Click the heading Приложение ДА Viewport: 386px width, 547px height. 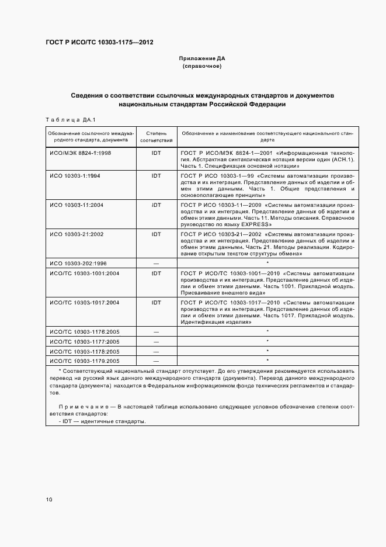pyautogui.click(x=202, y=59)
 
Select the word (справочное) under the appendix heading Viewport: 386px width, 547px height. pyautogui.click(x=202, y=67)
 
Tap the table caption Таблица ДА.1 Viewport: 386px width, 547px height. pyautogui.click(x=66, y=120)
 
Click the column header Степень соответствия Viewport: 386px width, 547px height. pyautogui.click(x=156, y=137)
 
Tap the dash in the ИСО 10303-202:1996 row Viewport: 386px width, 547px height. pyautogui.click(x=156, y=263)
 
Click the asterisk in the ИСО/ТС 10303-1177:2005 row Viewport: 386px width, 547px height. pyautogui.click(x=267, y=341)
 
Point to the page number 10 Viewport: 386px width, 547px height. pyautogui.click(x=49, y=500)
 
